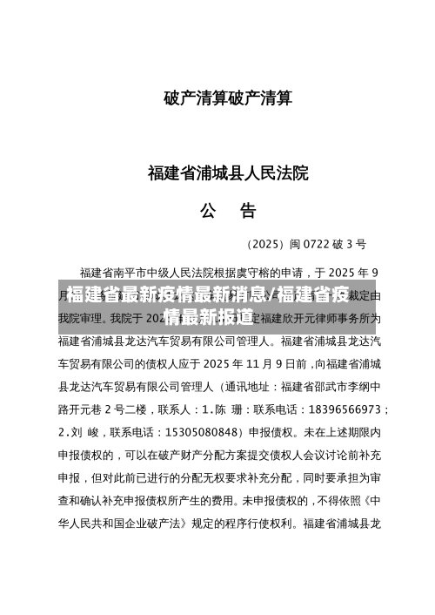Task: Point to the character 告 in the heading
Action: [248, 210]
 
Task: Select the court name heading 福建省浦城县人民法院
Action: [228, 172]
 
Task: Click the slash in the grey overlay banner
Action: [273, 294]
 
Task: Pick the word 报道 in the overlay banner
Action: [237, 316]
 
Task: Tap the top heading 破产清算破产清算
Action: [228, 99]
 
